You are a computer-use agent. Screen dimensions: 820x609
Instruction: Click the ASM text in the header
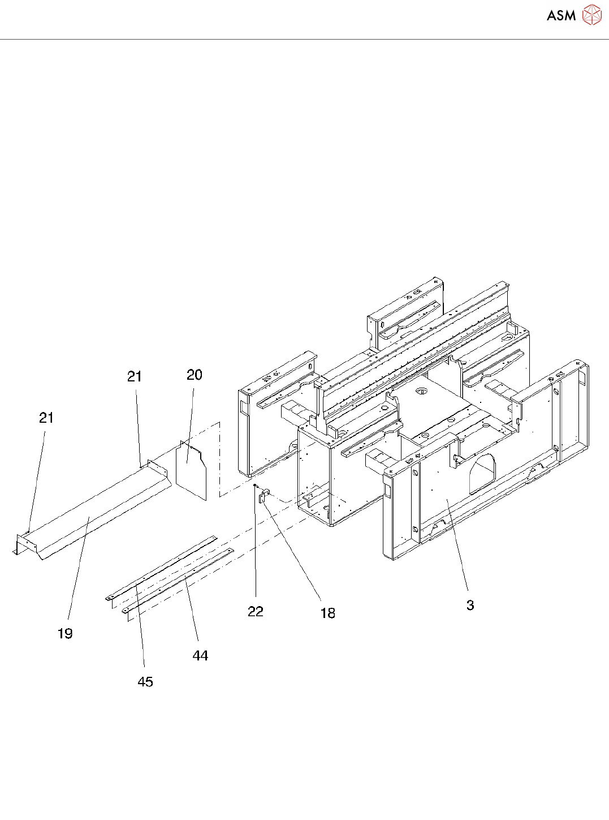pyautogui.click(x=561, y=16)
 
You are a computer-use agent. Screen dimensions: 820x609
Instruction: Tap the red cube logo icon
pyautogui.click(x=591, y=15)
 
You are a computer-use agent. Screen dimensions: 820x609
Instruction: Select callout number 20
pyautogui.click(x=195, y=375)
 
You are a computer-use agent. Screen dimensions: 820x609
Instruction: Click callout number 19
pyautogui.click(x=65, y=634)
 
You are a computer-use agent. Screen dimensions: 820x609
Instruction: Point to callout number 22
pyautogui.click(x=256, y=612)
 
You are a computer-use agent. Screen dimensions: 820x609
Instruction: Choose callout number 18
pyautogui.click(x=327, y=613)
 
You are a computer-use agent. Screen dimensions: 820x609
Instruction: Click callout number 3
pyautogui.click(x=470, y=606)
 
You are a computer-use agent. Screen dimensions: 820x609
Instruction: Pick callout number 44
pyautogui.click(x=200, y=656)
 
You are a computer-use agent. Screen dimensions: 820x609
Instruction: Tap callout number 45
pyautogui.click(x=145, y=682)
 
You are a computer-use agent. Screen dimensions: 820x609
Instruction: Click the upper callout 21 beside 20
pyautogui.click(x=135, y=377)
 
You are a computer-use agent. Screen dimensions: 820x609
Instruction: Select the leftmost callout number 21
pyautogui.click(x=46, y=418)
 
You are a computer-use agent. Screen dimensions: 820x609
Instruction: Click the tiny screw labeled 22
pyautogui.click(x=256, y=485)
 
